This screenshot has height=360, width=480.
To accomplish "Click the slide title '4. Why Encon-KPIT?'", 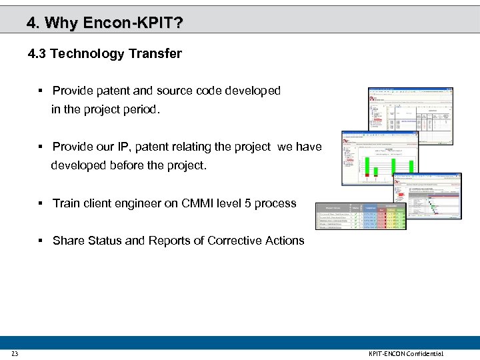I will tap(105, 23).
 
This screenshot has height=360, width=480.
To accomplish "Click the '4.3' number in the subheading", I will tap(37, 54).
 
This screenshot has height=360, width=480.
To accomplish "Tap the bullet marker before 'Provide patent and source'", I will tap(41, 91).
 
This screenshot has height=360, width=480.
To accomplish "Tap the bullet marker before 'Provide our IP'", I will tap(41, 147).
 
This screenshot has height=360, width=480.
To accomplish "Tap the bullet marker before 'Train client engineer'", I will tap(41, 203).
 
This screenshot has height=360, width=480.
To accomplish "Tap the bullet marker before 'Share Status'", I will tap(41, 241).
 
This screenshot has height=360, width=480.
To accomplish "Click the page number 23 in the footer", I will tap(14, 353).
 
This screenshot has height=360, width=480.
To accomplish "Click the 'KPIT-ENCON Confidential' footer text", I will tap(405, 353).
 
